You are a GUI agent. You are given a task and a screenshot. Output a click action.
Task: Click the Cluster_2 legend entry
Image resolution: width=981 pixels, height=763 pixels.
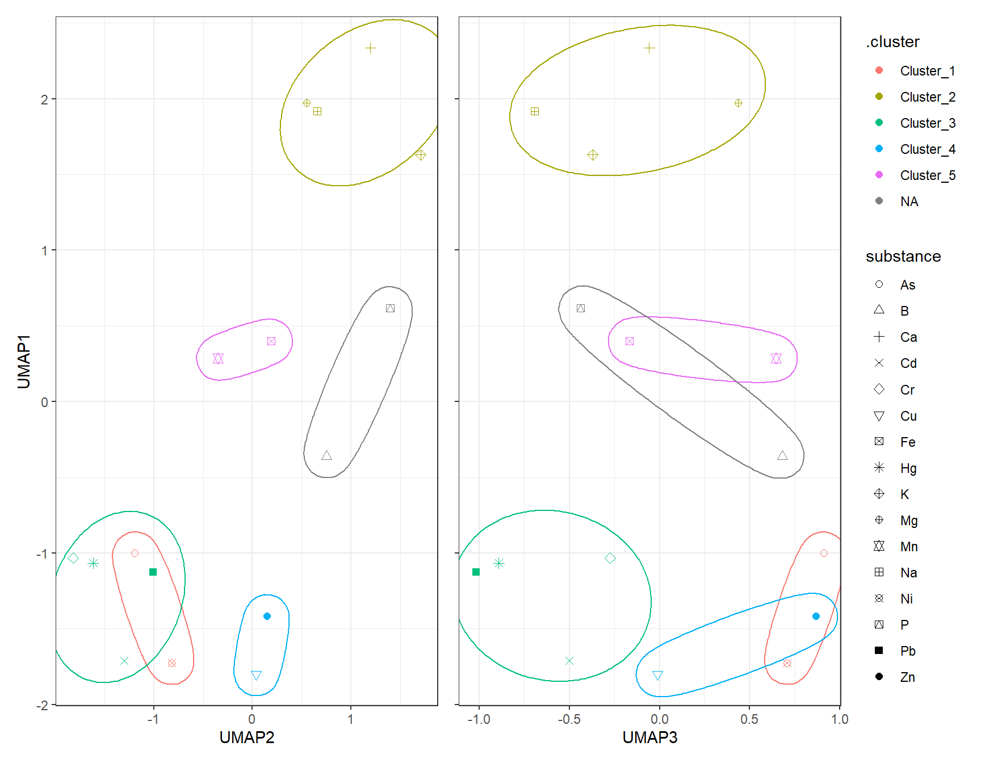pos(927,97)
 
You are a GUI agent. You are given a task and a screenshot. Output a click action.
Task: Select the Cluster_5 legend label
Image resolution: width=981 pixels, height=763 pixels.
pos(927,175)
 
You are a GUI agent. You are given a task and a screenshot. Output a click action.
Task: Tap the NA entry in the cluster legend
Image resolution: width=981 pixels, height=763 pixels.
pos(909,202)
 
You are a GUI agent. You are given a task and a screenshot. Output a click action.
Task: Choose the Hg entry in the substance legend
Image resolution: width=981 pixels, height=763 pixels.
pos(908,468)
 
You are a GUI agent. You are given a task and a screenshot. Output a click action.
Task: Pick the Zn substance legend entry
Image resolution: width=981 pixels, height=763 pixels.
pos(907,677)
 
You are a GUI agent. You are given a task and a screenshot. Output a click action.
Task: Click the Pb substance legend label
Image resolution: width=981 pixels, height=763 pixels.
pos(907,651)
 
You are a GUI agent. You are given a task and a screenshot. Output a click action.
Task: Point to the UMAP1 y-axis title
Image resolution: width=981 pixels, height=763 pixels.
pos(24,362)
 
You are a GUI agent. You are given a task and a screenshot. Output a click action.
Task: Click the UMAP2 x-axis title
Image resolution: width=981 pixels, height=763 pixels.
pos(246,737)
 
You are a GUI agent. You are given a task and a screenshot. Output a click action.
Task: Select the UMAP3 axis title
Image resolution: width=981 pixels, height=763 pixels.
pos(649,737)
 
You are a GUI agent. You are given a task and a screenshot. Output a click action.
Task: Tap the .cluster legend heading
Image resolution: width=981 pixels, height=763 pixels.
pos(892,42)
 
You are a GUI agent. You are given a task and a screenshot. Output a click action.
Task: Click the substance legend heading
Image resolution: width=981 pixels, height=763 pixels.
pos(903,257)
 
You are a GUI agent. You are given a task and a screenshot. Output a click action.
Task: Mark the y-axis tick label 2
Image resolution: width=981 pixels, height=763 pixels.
pos(44,99)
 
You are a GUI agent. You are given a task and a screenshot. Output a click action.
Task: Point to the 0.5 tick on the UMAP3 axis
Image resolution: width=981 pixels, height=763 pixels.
pos(749,719)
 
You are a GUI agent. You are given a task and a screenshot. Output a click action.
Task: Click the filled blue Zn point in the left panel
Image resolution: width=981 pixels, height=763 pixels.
pos(267,616)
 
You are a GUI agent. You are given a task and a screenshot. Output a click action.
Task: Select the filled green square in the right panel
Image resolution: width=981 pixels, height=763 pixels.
pos(476,572)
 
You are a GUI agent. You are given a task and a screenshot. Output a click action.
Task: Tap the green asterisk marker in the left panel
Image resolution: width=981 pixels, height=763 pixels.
pos(94,563)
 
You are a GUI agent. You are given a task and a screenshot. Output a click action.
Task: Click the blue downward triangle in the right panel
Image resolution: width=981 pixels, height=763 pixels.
pos(657,675)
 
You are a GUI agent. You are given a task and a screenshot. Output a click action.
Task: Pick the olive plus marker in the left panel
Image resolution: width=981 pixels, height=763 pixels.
pos(370,48)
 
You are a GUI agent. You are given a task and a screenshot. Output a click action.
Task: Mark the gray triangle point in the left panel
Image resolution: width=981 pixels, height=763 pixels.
pos(326,455)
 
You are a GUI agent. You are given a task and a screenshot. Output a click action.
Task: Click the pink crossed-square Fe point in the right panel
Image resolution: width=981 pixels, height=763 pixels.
pos(629,341)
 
